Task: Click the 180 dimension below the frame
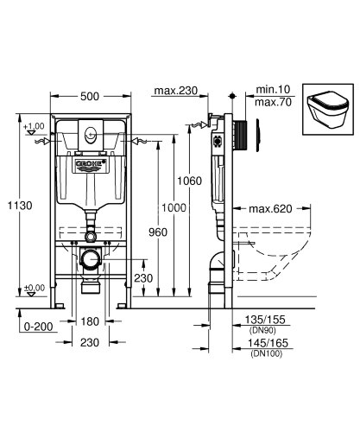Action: (89, 321)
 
